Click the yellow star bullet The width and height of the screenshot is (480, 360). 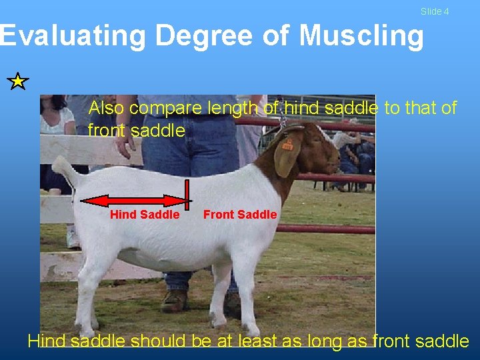(19, 82)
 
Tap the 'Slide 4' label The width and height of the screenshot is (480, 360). (435, 11)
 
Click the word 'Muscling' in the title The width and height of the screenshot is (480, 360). (361, 36)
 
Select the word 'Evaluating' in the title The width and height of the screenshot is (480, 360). (72, 36)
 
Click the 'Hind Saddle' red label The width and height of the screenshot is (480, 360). (145, 215)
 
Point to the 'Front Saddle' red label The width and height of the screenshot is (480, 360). (240, 215)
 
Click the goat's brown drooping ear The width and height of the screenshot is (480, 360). (287, 157)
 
